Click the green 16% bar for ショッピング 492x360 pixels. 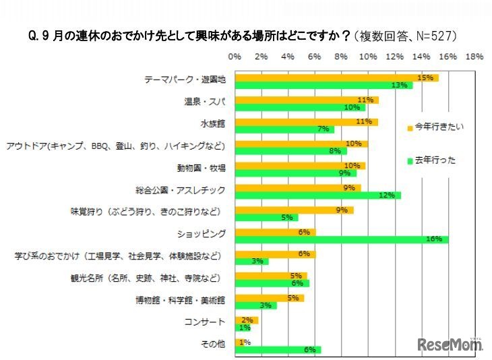tap(340, 239)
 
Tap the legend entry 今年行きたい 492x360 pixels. tap(434, 127)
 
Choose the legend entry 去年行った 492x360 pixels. tap(434, 160)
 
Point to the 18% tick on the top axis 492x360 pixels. tap(474, 57)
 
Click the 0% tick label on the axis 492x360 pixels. tap(235, 57)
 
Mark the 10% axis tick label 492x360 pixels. tap(368, 57)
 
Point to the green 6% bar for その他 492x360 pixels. tap(278, 349)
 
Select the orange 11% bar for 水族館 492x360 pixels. tap(306, 122)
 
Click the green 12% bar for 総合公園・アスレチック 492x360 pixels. tap(317, 196)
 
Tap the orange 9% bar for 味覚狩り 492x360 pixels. tap(294, 210)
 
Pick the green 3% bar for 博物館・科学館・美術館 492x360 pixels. tap(255, 305)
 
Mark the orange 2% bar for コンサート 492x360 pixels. tap(246, 320)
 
